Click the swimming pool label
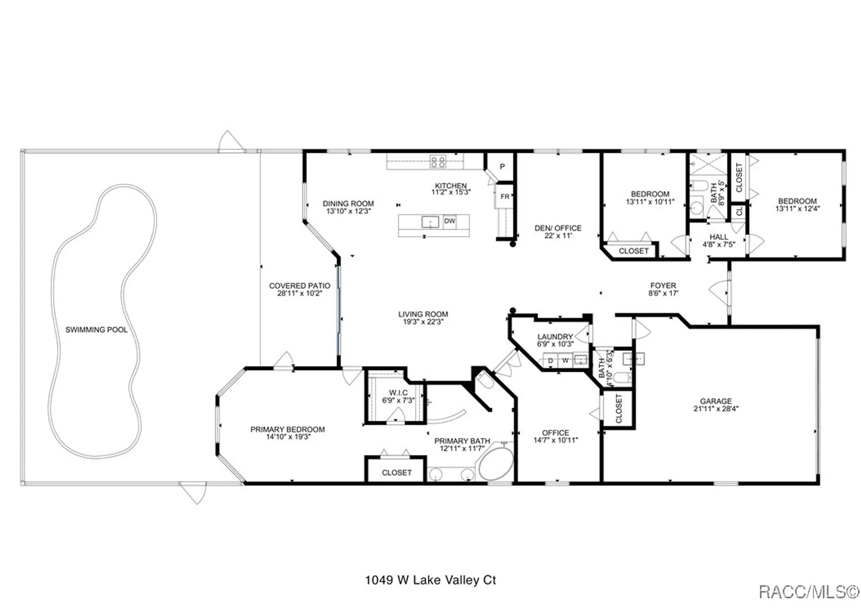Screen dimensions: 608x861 point(96,330)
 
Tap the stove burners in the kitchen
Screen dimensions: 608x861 point(438,162)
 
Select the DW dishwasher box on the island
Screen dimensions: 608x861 point(449,221)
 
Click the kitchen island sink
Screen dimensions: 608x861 point(430,222)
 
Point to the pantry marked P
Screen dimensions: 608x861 point(502,167)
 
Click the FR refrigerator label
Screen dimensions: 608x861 point(505,197)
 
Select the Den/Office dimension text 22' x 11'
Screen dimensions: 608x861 point(558,236)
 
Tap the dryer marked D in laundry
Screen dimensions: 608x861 point(550,360)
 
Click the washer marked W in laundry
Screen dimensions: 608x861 point(565,360)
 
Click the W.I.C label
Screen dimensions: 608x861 point(398,393)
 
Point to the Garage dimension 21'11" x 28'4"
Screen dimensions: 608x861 point(715,409)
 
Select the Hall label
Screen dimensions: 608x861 point(719,237)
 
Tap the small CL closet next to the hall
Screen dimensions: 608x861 point(739,211)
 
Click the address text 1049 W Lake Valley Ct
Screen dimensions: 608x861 point(430,580)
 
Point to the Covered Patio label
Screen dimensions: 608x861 point(300,285)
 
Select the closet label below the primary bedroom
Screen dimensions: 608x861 point(396,473)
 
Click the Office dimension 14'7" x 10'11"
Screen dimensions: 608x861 point(555,440)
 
